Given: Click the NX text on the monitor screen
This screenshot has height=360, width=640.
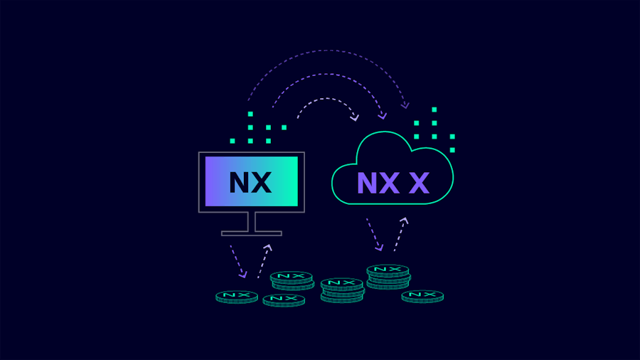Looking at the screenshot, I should [x=250, y=182].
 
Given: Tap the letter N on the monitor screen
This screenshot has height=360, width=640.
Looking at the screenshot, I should [x=240, y=182].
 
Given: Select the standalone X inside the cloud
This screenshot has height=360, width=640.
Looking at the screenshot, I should [x=419, y=184].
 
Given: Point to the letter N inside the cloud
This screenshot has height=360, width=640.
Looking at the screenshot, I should [x=367, y=184].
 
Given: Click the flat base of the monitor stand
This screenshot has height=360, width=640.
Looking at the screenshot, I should [x=251, y=233].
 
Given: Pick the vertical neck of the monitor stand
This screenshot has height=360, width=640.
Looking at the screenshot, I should [x=251, y=221].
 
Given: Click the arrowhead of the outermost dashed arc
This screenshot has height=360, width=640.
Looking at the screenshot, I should [x=405, y=105].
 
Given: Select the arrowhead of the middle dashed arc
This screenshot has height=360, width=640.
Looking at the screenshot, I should [x=383, y=115].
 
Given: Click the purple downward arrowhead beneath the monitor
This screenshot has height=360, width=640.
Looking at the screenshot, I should [x=243, y=274].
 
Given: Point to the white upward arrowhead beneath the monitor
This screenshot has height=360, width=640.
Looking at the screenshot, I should [x=268, y=248].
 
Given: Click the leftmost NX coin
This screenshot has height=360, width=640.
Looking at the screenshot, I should [x=237, y=295].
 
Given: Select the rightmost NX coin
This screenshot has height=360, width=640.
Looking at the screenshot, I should [x=422, y=295].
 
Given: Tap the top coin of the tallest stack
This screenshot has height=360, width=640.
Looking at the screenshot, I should [x=388, y=270].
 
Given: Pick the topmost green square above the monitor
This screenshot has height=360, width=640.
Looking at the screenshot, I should [x=250, y=114].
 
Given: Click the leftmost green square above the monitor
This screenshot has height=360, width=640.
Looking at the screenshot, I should [x=233, y=141].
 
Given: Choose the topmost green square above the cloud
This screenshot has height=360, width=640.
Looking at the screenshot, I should [x=434, y=110].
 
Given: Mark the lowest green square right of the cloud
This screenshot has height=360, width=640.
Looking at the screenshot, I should [x=452, y=150].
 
